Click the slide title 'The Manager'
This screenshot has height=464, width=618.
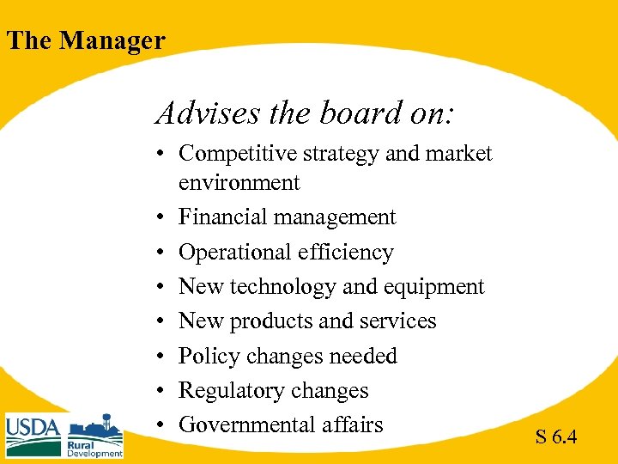(x=85, y=40)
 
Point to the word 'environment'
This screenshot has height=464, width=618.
(x=239, y=182)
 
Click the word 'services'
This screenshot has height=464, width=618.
(x=397, y=321)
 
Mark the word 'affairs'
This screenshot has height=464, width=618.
(x=353, y=424)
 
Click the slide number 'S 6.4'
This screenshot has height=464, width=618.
(x=556, y=437)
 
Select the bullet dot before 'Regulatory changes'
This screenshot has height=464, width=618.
(x=161, y=392)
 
